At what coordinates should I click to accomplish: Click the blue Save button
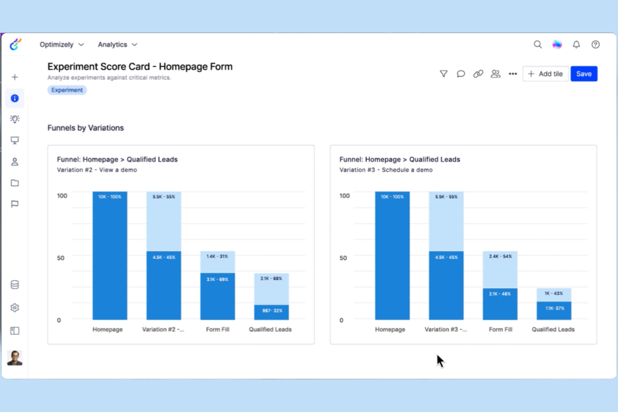click(583, 74)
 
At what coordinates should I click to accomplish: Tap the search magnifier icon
click(537, 45)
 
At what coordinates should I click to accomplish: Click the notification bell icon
click(576, 45)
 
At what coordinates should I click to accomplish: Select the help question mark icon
click(595, 45)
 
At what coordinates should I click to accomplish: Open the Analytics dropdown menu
click(117, 45)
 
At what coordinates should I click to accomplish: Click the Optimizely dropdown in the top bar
click(62, 45)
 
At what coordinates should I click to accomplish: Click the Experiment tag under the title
click(67, 90)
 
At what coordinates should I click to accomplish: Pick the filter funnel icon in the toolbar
click(443, 74)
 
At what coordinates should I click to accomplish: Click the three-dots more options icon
click(513, 74)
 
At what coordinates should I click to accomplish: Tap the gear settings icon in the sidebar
click(15, 308)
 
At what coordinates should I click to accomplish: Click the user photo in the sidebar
click(15, 358)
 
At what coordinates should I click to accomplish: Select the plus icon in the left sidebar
click(15, 77)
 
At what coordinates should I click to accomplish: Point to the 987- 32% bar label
click(272, 311)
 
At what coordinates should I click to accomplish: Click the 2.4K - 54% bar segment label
click(500, 256)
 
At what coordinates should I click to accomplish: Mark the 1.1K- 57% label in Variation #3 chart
click(555, 308)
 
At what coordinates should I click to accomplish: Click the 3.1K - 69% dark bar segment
click(218, 279)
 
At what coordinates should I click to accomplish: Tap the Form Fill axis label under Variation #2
click(218, 329)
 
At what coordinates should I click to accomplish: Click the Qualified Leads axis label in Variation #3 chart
click(553, 329)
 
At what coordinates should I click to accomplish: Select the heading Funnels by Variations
click(86, 128)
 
